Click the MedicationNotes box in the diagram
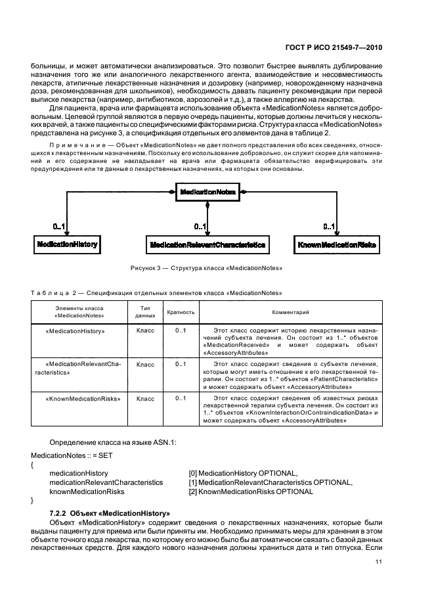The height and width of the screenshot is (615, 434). point(207,191)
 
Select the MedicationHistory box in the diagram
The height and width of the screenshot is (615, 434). point(67,244)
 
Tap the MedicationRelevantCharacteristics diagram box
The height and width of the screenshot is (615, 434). point(207,245)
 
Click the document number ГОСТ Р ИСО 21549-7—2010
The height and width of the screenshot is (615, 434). point(337,47)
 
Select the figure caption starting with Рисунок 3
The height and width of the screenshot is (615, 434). point(207,268)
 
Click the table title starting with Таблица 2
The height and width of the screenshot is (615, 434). point(157,292)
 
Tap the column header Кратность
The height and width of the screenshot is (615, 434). point(181,312)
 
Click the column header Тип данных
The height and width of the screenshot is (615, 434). point(145,312)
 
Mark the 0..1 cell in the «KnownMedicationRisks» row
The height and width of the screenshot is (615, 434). point(181,398)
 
